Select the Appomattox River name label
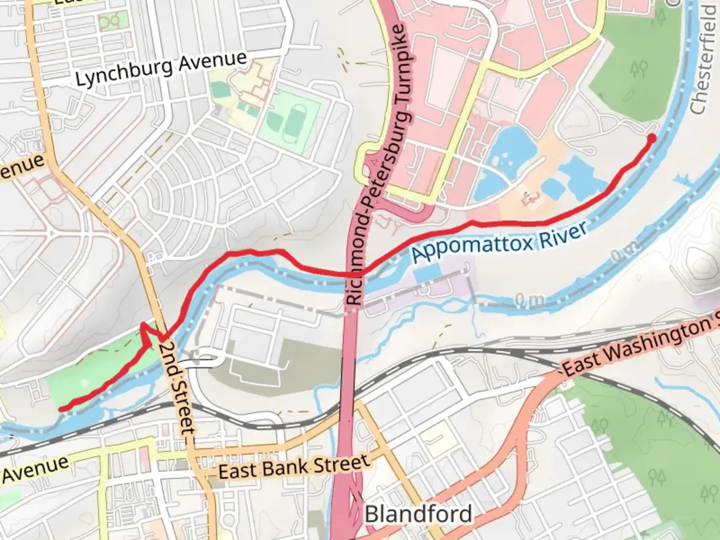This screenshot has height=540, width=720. (498, 243)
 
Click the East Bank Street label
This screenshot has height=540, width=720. (294, 467)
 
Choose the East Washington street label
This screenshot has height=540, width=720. (640, 347)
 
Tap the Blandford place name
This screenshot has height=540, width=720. (418, 514)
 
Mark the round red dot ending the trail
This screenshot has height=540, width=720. (652, 137)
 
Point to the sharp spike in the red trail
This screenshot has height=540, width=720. (143, 325)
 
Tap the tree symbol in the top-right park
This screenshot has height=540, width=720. (638, 68)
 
